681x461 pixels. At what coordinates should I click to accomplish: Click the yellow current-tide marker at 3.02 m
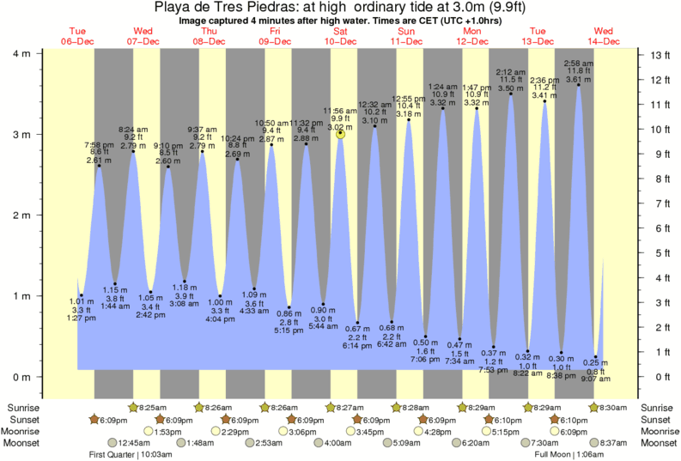[x=341, y=133]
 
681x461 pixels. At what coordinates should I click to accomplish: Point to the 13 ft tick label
[x=659, y=55]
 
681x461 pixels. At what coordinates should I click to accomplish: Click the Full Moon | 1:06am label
[x=569, y=454]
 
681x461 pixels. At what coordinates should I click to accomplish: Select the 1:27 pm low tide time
[x=81, y=318]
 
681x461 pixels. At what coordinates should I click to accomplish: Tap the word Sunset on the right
[x=658, y=419]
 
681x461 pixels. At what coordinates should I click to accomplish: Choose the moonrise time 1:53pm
[x=169, y=431]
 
